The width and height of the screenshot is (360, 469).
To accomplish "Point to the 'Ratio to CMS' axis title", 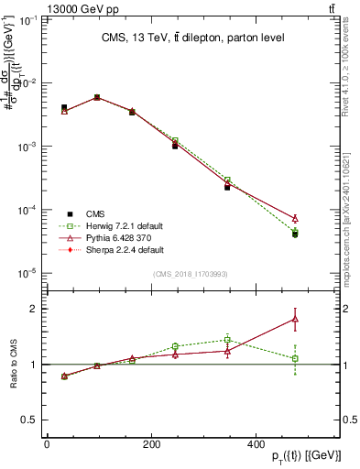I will coord(15,364).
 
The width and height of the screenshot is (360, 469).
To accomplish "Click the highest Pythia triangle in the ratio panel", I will coord(295,319).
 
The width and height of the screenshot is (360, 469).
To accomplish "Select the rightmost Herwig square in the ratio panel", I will coord(295,358).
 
